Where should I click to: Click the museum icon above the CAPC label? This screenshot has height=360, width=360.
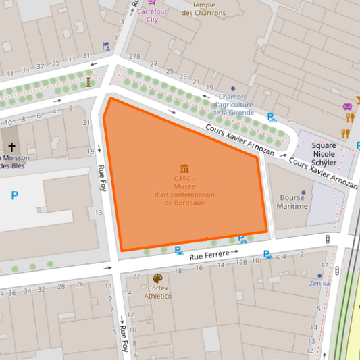(184, 168)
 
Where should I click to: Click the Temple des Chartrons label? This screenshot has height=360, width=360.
(199, 9)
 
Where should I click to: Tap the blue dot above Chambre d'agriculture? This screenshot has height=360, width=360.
(233, 88)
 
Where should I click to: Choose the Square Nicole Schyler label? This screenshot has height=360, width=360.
(324, 154)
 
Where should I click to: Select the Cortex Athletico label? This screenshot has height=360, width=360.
(157, 292)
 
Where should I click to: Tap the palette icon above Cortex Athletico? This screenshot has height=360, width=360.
(157, 278)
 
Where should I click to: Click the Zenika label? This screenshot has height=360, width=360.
(319, 284)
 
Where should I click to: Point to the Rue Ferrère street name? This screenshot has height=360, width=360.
(209, 256)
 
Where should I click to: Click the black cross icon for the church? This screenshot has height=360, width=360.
(12, 146)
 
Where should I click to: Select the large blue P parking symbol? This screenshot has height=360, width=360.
(15, 196)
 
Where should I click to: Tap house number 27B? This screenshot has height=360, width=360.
(134, 57)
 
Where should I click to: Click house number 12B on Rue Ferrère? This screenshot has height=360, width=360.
(241, 262)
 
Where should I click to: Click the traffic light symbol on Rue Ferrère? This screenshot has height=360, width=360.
(328, 239)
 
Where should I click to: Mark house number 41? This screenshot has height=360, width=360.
(9, 73)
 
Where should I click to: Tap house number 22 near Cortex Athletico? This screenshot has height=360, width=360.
(136, 276)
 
